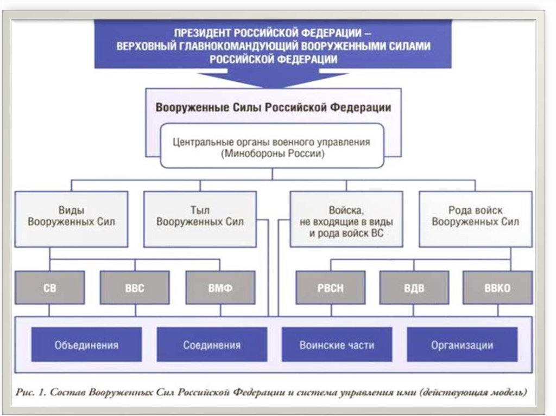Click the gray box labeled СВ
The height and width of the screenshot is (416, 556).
click(49, 288)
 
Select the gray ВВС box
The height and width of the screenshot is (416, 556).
click(135, 288)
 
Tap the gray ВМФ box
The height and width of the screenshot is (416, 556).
click(220, 288)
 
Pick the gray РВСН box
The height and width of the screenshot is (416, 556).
click(330, 288)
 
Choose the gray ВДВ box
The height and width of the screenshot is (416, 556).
click(414, 288)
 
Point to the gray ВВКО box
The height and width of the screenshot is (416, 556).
click(497, 288)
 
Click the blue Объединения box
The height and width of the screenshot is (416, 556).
click(86, 344)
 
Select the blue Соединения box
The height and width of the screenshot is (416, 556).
click(212, 344)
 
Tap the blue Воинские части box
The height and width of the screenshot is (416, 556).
click(337, 344)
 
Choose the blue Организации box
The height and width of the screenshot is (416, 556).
click(462, 344)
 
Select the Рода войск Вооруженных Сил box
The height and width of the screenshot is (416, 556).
click(476, 216)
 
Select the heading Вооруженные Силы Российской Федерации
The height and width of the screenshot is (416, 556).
click(273, 107)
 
